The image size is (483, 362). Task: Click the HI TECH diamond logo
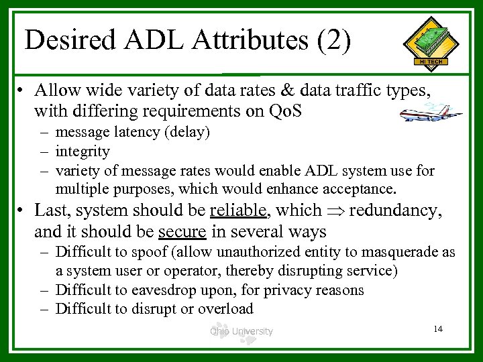(431, 44)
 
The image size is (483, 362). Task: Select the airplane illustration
(430, 113)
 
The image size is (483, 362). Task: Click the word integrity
(83, 152)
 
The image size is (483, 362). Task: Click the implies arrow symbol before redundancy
(335, 211)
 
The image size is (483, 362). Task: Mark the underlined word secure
(182, 232)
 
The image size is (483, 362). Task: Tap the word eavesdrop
(167, 290)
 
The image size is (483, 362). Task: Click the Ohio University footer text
(241, 330)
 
